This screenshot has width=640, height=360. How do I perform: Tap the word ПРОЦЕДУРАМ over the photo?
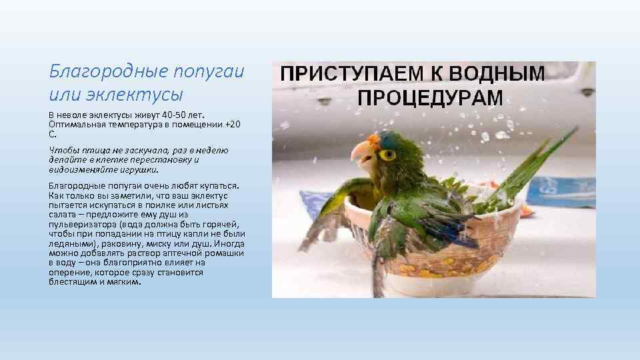tap(431, 97)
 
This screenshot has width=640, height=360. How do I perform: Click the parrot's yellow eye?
tap(387, 155)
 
